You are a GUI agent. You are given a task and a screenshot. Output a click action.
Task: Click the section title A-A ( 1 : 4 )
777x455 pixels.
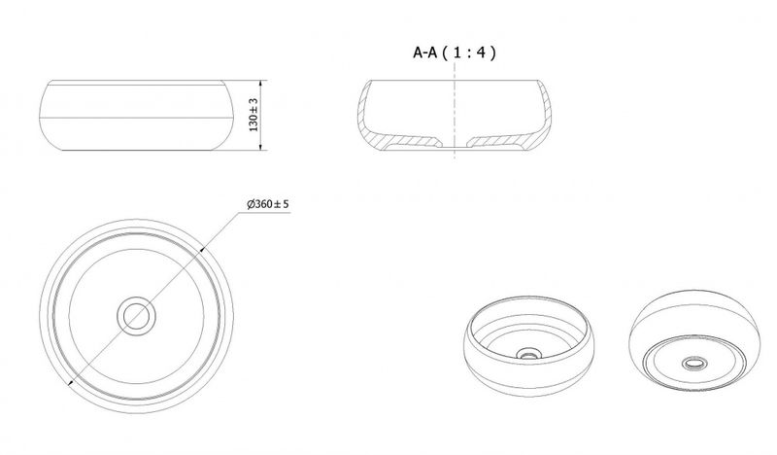[x=455, y=52]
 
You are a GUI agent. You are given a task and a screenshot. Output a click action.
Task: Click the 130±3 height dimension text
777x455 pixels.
[x=253, y=115]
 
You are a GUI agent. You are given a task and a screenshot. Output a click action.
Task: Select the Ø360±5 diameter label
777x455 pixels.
[x=268, y=204]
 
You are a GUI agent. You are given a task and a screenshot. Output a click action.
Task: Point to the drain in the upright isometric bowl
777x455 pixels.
[x=528, y=354]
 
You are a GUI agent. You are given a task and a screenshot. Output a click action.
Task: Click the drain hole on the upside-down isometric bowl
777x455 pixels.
[x=695, y=364]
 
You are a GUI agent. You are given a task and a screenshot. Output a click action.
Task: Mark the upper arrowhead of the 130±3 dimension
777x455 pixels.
[x=260, y=84]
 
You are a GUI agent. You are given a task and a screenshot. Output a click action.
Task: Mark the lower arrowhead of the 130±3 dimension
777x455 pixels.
[x=260, y=146]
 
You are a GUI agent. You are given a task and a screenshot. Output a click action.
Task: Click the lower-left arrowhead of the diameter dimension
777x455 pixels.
[x=71, y=382]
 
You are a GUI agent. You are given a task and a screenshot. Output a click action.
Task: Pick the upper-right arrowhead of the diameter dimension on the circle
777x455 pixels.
[x=202, y=251]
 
